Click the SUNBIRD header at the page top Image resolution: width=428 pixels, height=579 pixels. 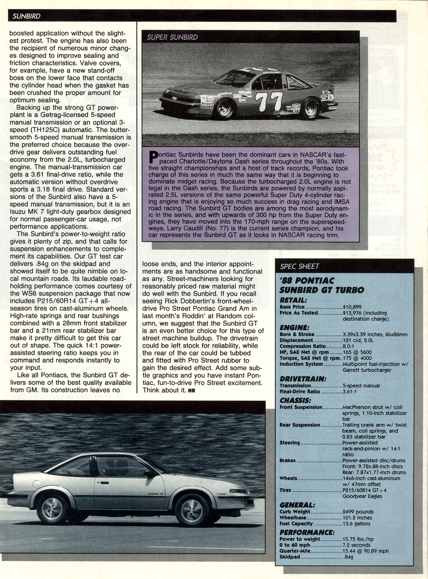(26, 16)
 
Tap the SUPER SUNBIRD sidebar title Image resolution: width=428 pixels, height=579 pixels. (172, 37)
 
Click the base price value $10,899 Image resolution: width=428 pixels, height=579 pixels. (352, 307)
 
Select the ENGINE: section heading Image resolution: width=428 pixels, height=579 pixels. (294, 327)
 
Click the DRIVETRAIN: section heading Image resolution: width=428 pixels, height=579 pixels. (303, 379)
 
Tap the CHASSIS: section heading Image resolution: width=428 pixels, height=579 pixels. (295, 400)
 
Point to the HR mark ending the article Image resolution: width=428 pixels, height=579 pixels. (191, 391)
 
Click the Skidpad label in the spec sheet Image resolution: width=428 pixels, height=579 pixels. (290, 557)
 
